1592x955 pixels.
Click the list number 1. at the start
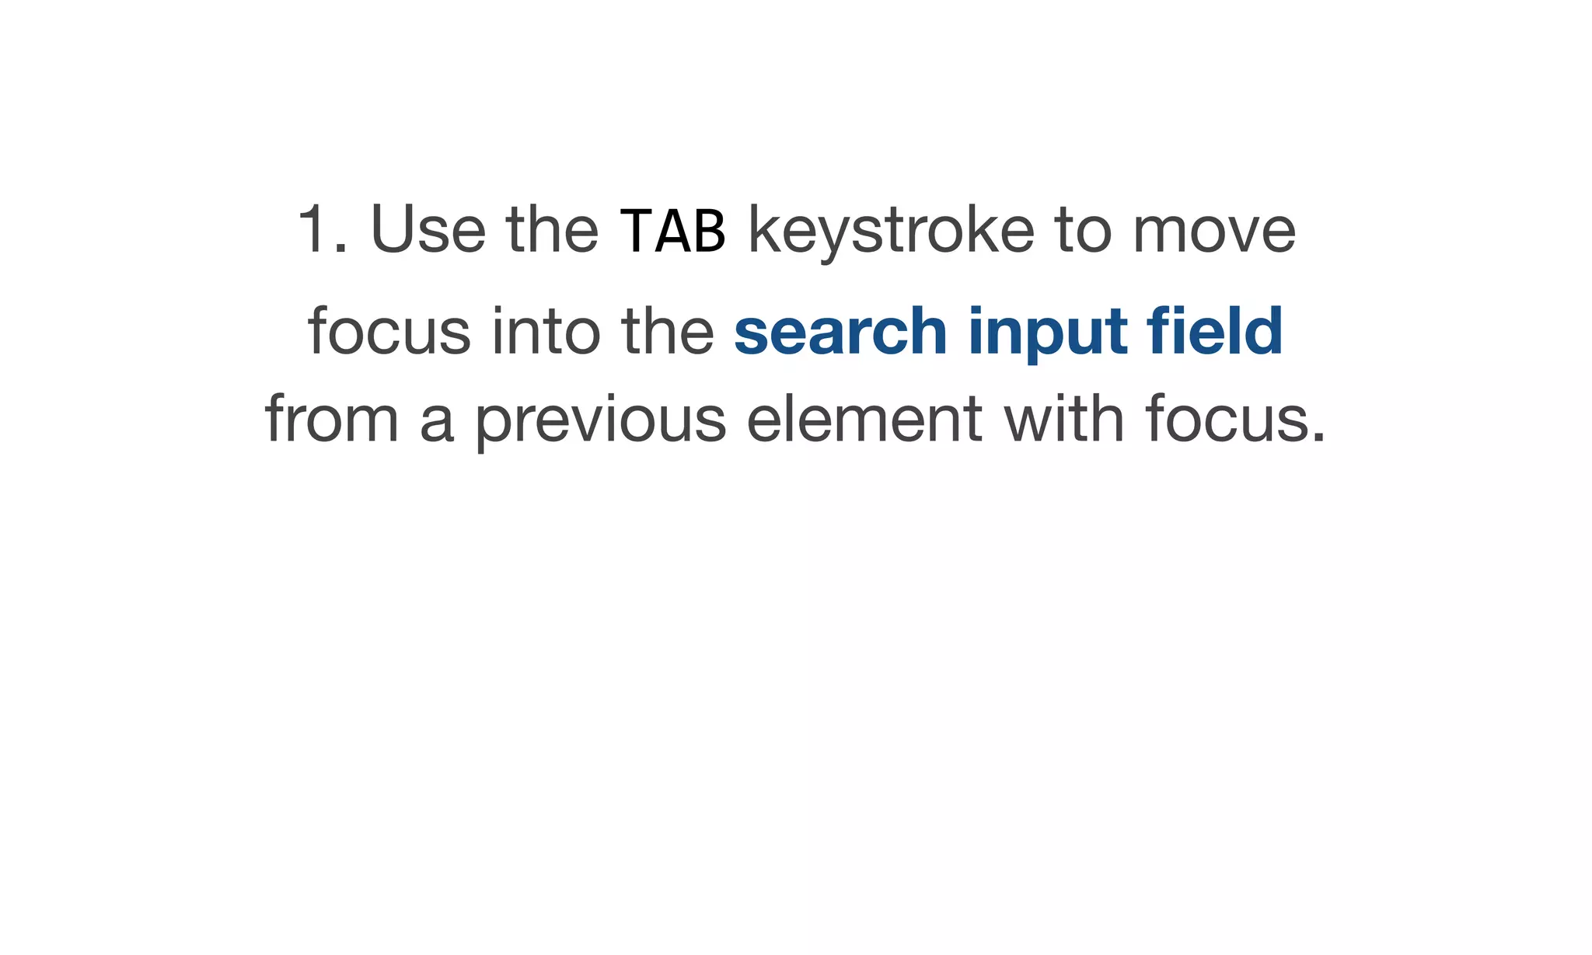[x=321, y=230]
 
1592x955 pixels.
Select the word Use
[x=428, y=230]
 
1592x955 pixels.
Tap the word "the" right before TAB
[x=552, y=230]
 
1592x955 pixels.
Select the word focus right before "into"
[x=389, y=332]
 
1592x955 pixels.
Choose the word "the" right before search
[x=667, y=332]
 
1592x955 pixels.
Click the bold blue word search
[x=840, y=332]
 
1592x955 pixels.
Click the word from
[x=332, y=420]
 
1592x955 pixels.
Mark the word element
[x=864, y=420]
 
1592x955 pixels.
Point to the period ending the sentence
[x=1318, y=439]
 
